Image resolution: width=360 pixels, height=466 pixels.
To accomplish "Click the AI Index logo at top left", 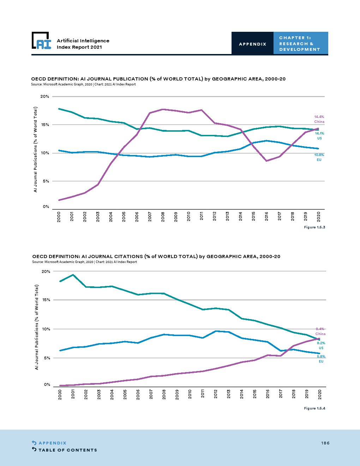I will point(41,41).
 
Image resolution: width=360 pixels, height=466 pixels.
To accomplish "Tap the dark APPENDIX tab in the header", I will point(252,44).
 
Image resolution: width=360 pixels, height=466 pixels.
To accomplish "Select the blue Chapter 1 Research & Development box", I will point(300,43).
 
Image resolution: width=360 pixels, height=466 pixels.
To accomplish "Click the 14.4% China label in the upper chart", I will point(319,119).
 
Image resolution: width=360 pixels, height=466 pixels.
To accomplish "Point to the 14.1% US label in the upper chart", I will point(319,136).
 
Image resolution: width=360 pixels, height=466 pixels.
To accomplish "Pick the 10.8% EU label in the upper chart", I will point(319,157).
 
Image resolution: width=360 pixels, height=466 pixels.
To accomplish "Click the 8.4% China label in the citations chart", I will point(320,331).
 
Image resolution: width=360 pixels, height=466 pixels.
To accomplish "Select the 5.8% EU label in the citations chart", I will point(321,359).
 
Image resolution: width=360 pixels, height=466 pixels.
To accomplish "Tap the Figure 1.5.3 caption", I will point(314,227).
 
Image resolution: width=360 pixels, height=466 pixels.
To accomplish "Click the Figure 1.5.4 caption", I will point(314,408).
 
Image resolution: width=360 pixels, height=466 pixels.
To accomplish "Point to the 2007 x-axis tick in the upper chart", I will point(150,216).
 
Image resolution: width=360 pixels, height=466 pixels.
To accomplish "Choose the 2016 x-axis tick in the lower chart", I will point(268,394).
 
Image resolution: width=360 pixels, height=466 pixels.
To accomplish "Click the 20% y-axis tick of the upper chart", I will point(45,96).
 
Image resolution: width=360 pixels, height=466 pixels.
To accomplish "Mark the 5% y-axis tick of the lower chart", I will point(47,358).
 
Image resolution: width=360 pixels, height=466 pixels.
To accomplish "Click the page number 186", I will point(325,443).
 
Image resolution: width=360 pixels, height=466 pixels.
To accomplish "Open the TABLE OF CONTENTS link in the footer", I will point(67,450).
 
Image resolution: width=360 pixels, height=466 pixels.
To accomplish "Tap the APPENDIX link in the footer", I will point(52,443).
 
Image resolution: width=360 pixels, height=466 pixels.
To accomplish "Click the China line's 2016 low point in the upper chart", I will point(267,161).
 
